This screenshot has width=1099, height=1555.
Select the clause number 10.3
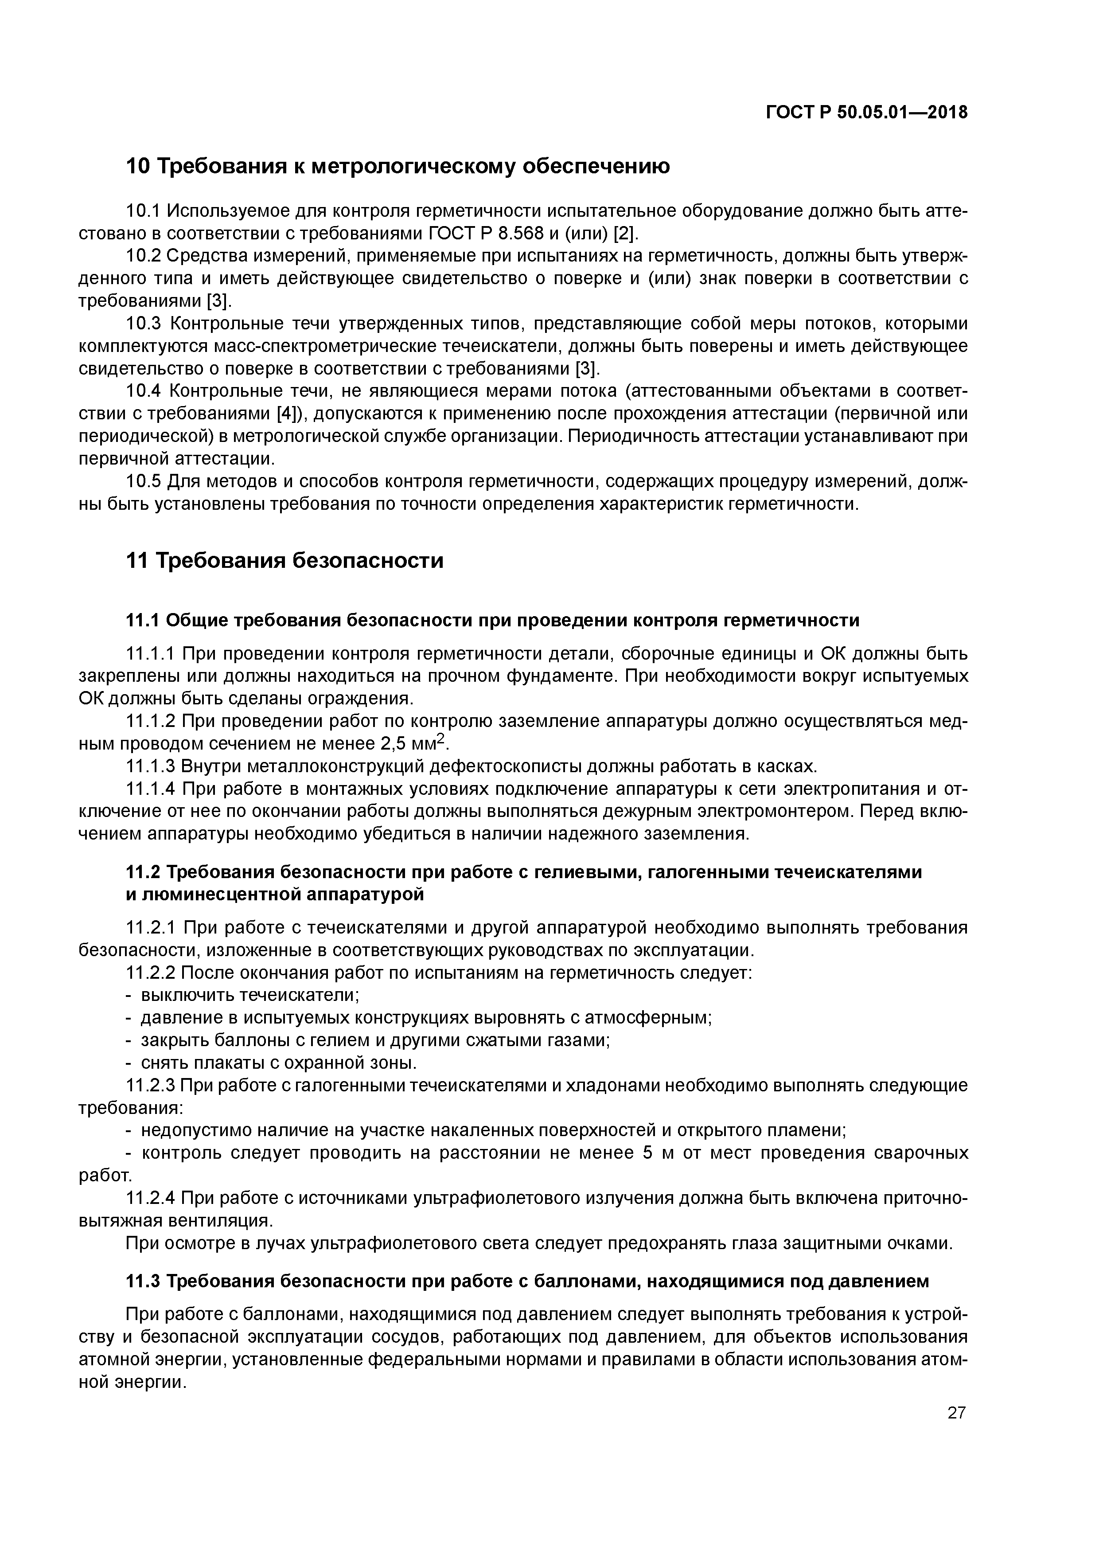point(144,324)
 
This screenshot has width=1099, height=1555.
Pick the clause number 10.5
point(144,481)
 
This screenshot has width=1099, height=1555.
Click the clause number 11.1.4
point(151,789)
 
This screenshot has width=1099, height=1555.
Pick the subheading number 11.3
point(143,1282)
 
